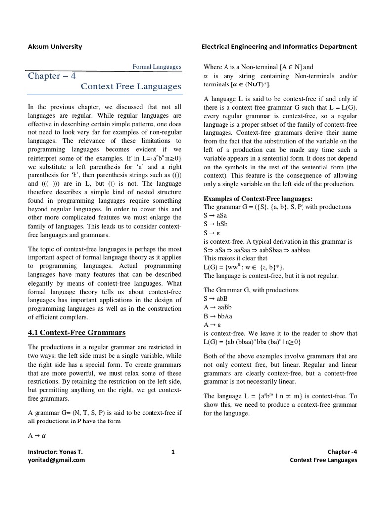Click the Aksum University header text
tap(55, 47)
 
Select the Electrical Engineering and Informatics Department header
tap(279, 47)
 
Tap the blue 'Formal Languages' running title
tap(157, 67)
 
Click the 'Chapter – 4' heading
tap(51, 76)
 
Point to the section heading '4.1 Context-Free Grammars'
tap(76, 332)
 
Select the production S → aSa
tap(215, 215)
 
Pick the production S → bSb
tap(215, 224)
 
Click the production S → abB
tap(216, 299)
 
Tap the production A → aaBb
tap(218, 307)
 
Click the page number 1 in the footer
tap(173, 452)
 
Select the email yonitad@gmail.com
tap(56, 460)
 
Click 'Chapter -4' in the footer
tap(342, 452)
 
